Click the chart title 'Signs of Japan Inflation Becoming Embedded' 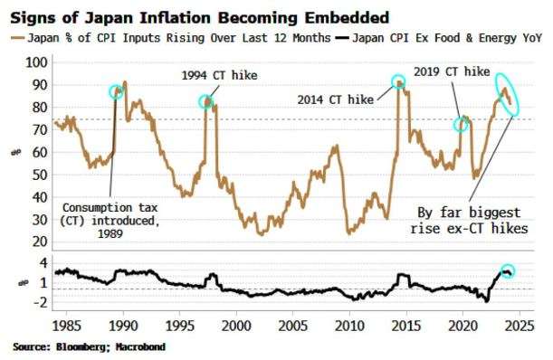(x=200, y=17)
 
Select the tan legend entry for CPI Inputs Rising (x=171, y=38)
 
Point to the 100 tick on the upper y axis (x=36, y=62)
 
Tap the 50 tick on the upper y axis (x=40, y=175)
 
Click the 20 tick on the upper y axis (x=40, y=242)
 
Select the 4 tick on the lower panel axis (x=43, y=263)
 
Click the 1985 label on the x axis (x=67, y=326)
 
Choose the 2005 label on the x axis (x=292, y=326)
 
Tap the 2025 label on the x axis (x=520, y=326)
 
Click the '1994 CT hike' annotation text (x=219, y=75)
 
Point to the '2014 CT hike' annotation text (x=336, y=99)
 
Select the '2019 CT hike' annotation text (x=452, y=72)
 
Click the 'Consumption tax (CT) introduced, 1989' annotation (x=110, y=221)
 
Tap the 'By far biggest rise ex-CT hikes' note (x=469, y=221)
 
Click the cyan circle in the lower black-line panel (x=508, y=265)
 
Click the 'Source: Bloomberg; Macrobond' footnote (x=90, y=347)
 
